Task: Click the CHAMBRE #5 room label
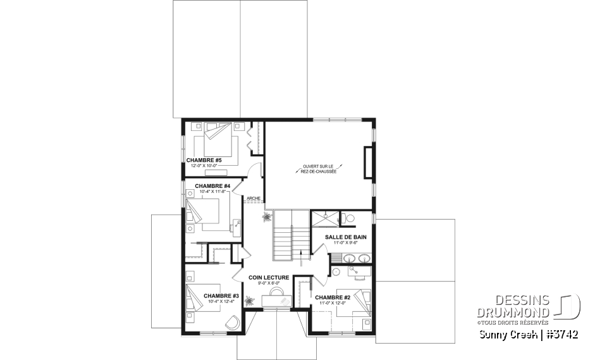pos(204,160)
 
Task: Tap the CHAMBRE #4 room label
pos(204,186)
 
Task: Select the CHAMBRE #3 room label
pos(221,295)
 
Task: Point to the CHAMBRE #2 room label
pos(333,297)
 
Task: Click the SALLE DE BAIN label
pos(342,237)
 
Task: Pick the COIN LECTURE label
pos(269,277)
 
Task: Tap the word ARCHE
pos(254,198)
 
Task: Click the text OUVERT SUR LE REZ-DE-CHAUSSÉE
pos(319,168)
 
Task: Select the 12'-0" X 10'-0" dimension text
pos(204,166)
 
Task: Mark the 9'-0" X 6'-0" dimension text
pos(269,283)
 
